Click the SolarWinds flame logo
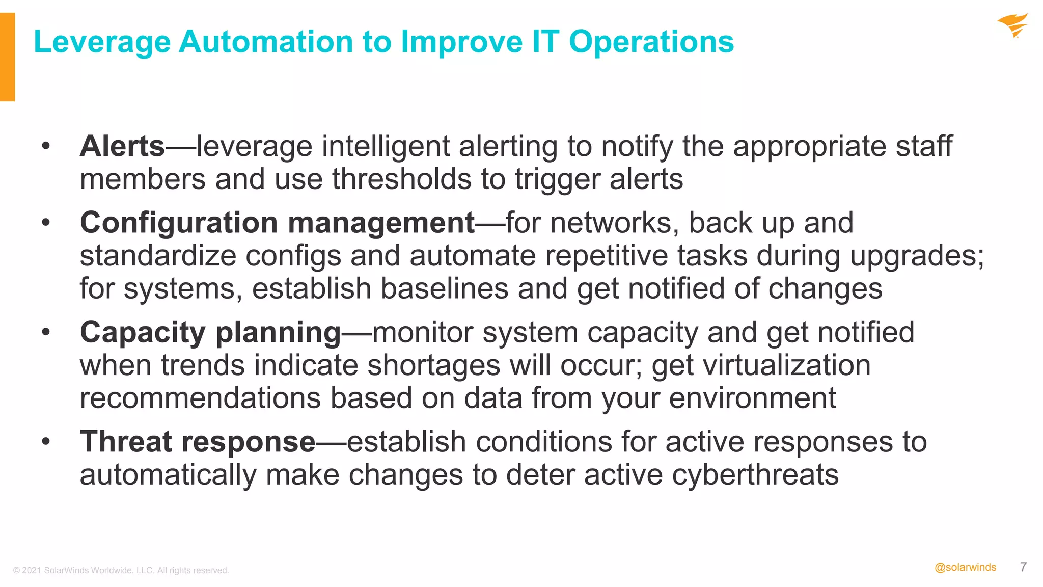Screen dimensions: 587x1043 [x=1012, y=25]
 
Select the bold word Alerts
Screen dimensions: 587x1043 [x=122, y=146]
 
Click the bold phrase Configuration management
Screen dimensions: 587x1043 [x=278, y=223]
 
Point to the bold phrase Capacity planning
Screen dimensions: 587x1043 [x=210, y=333]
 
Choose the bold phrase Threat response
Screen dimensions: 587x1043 [x=198, y=442]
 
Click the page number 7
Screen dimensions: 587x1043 [x=1024, y=567]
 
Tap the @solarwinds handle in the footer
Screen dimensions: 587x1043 [x=965, y=568]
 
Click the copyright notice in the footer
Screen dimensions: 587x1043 [x=121, y=570]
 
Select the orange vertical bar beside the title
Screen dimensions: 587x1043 [x=7, y=57]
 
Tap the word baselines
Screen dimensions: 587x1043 [x=444, y=289]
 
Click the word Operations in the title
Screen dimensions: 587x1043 [x=651, y=41]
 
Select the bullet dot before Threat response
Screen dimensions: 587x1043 [x=46, y=442]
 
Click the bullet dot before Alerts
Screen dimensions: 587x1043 [x=46, y=146]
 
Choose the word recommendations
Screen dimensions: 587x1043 [x=200, y=398]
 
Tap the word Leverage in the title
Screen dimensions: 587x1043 [x=102, y=41]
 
